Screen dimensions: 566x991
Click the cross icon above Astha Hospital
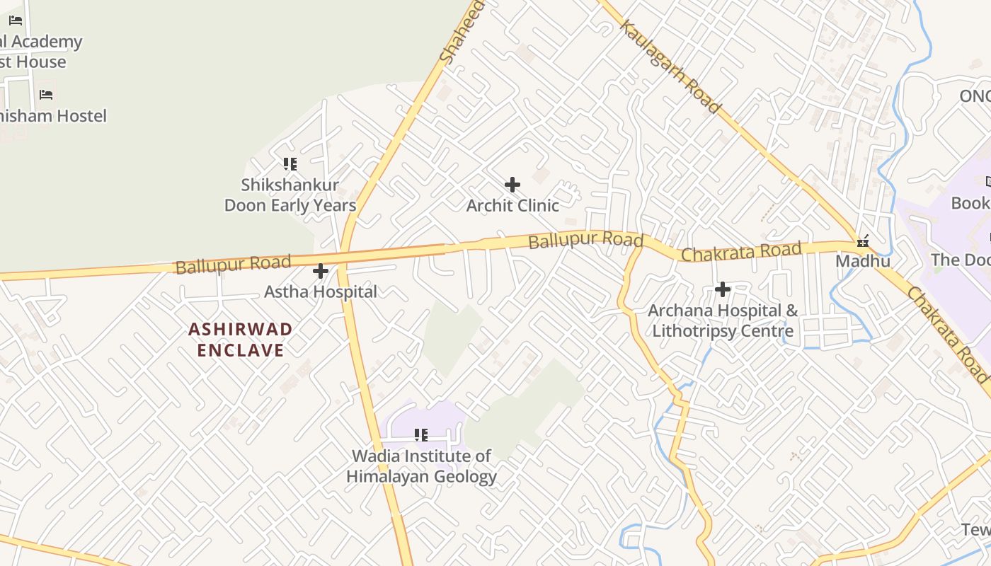321,271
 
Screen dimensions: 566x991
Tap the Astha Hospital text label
321,291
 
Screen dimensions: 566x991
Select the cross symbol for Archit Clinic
512,185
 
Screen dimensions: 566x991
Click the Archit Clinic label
512,206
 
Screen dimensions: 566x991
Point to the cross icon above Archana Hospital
723,289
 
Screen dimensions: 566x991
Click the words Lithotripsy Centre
723,331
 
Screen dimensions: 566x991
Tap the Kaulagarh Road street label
670,67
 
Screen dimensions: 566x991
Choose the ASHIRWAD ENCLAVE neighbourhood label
241,340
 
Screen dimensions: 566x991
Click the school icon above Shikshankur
290,164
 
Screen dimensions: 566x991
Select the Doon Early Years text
290,206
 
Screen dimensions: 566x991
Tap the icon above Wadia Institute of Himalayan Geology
421,435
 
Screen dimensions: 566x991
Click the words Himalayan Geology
421,477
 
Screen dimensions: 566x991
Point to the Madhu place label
863,261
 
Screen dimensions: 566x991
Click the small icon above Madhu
863,241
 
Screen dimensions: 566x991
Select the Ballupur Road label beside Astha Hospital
233,265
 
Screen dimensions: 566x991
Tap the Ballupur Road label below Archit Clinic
585,241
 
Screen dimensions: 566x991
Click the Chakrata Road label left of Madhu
740,251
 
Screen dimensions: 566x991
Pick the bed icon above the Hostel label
46,94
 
